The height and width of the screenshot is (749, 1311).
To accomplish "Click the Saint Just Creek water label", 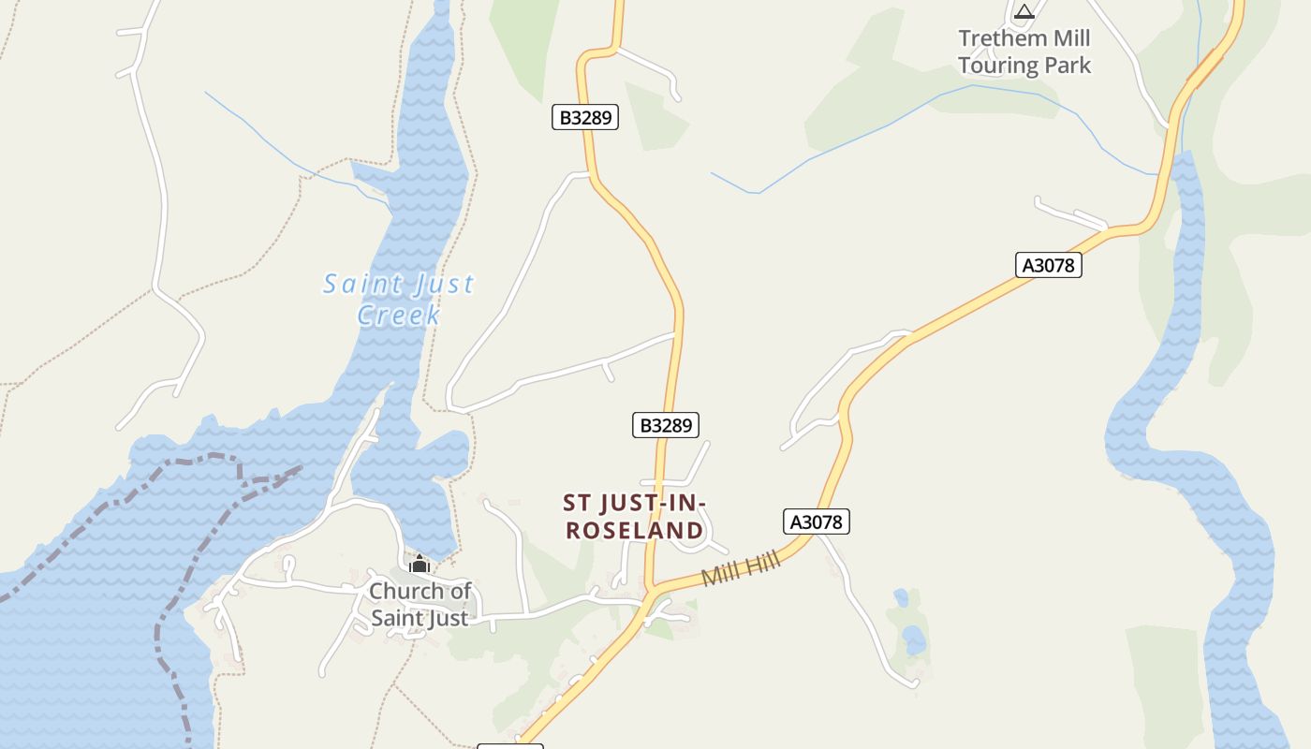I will pyautogui.click(x=399, y=298).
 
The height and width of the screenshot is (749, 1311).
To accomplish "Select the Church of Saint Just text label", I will pyautogui.click(x=420, y=604).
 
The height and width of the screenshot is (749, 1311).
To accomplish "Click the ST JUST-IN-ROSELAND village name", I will pyautogui.click(x=634, y=517).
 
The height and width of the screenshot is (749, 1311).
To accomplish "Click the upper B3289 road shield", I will pyautogui.click(x=585, y=117).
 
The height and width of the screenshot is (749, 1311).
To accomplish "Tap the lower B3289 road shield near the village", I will pyautogui.click(x=666, y=425).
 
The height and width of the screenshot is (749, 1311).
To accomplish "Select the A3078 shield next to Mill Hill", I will pyautogui.click(x=817, y=521).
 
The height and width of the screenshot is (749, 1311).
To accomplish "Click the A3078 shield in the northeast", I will pyautogui.click(x=1049, y=265).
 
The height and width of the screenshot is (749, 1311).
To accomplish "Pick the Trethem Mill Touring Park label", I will pyautogui.click(x=1024, y=51).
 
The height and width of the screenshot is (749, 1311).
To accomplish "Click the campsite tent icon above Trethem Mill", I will pyautogui.click(x=1024, y=12).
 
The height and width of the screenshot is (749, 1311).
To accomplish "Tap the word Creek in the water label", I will pyautogui.click(x=399, y=315).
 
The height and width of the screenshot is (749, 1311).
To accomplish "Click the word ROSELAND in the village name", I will pyautogui.click(x=634, y=531).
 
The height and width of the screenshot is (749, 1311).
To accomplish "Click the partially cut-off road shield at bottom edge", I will pyautogui.click(x=510, y=745).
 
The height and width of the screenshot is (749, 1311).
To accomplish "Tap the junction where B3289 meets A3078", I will pyautogui.click(x=649, y=592).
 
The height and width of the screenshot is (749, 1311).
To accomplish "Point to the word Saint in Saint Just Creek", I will pyautogui.click(x=356, y=283).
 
